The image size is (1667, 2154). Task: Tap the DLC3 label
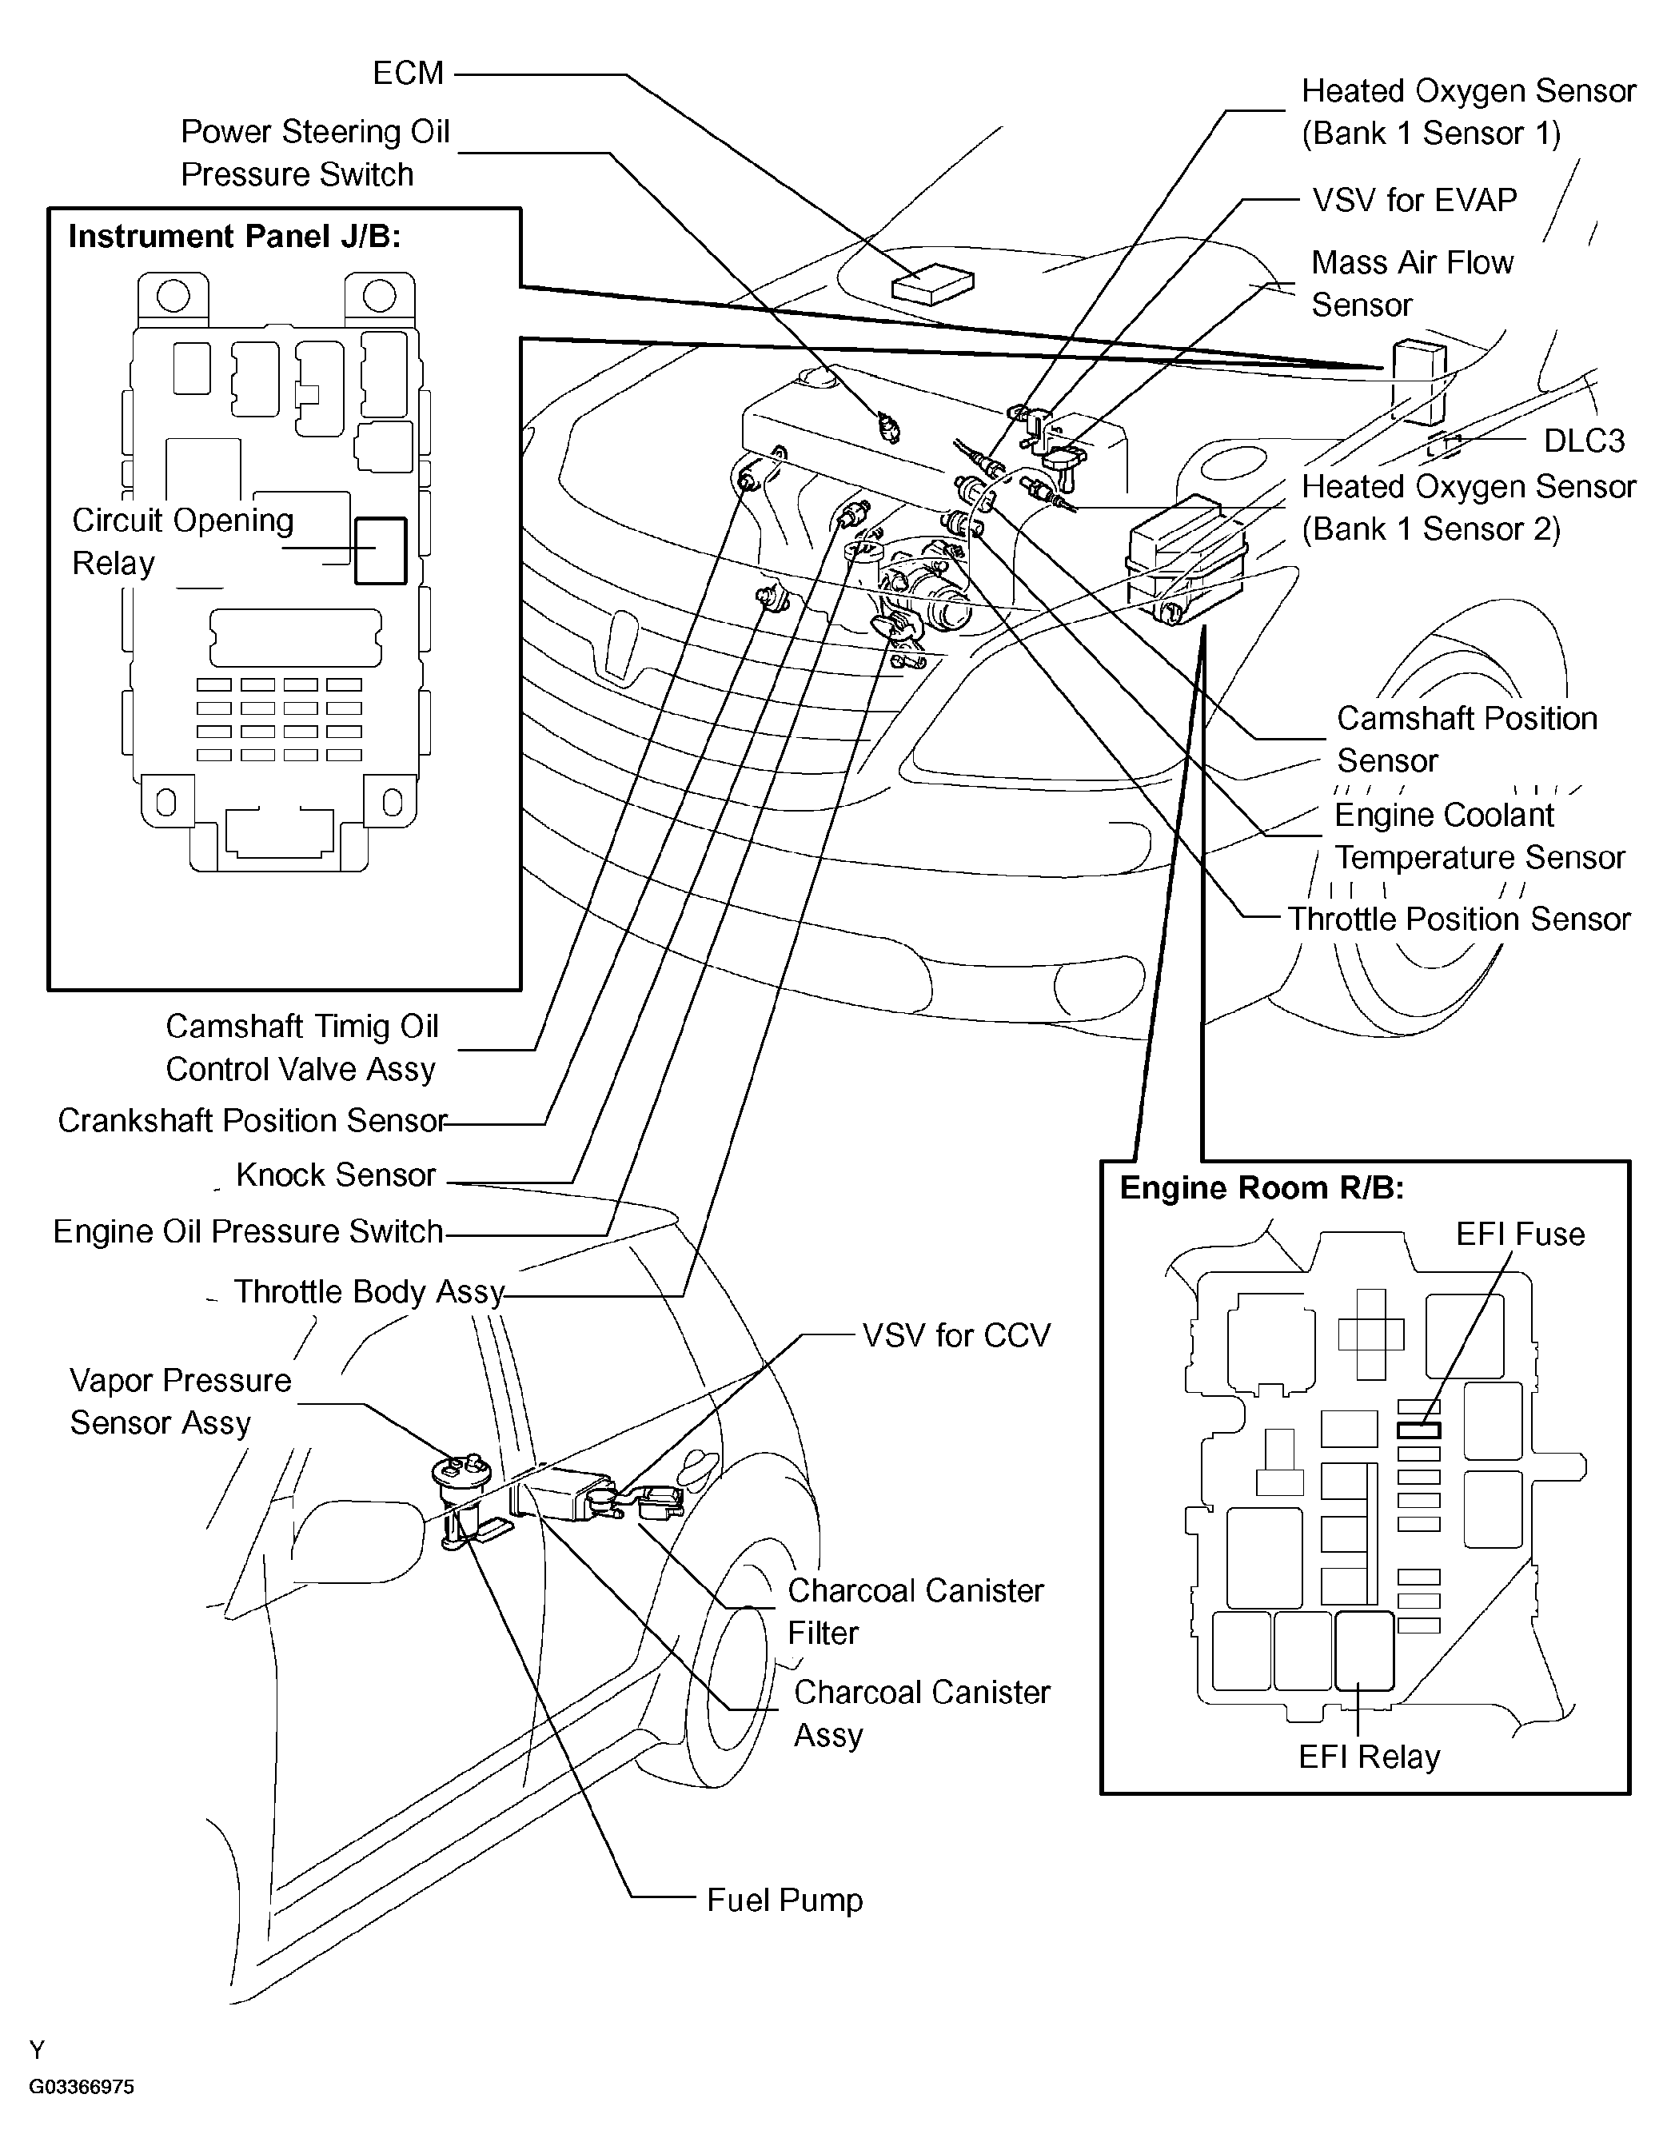[x=1583, y=441]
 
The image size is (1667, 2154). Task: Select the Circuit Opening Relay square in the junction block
[x=381, y=550]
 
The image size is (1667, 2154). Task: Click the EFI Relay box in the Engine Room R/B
[x=1364, y=1651]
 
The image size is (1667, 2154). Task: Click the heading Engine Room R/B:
[x=1262, y=1188]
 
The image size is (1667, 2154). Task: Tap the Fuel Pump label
[x=784, y=1901]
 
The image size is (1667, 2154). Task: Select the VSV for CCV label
[x=955, y=1335]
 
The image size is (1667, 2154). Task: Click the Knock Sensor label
[x=335, y=1175]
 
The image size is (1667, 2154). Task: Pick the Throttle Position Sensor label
[x=1459, y=919]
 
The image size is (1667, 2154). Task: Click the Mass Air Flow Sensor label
[x=1411, y=283]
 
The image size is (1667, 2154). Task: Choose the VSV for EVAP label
[x=1414, y=200]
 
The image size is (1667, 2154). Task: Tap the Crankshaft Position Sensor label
[x=253, y=1120]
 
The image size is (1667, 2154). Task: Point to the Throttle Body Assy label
[x=369, y=1292]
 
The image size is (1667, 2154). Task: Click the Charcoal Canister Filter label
[x=915, y=1612]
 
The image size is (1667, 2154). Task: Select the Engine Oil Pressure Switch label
[x=248, y=1232]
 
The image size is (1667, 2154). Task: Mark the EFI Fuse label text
[x=1520, y=1235]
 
